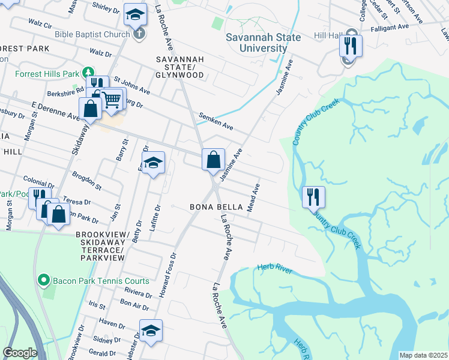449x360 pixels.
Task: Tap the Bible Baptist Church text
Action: [92, 34]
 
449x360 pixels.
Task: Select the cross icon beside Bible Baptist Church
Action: [139, 34]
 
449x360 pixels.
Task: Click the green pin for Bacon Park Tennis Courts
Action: [43, 280]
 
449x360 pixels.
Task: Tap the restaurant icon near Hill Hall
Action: [349, 46]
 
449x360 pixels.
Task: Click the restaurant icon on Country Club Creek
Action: [313, 197]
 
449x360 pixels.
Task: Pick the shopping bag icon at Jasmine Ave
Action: [213, 160]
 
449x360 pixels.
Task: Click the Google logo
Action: [20, 353]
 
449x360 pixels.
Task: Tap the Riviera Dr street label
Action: [138, 293]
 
